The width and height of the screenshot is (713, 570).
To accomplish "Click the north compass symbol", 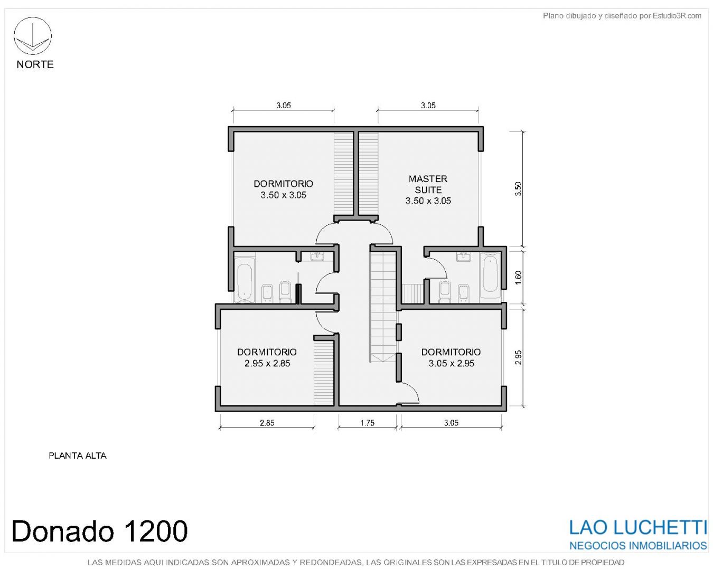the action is tap(32, 36).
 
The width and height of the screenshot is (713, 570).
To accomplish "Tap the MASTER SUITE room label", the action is tap(428, 184).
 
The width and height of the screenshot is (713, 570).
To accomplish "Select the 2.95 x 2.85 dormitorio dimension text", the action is tap(267, 363).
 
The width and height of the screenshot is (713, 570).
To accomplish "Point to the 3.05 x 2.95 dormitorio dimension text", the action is tap(451, 363).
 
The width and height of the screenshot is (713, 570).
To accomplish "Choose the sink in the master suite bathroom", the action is tap(463, 256).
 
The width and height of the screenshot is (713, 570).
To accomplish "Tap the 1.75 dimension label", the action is tap(367, 423).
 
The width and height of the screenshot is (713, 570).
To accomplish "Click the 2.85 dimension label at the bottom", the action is tap(267, 423).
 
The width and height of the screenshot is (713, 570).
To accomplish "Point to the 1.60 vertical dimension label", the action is tap(518, 278).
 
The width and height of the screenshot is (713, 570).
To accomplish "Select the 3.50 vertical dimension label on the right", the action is tap(518, 189).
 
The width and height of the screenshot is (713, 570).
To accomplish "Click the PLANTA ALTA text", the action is tap(78, 455).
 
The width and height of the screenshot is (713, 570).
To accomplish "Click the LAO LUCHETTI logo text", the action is tap(638, 528).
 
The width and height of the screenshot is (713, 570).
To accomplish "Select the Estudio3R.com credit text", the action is tap(677, 15).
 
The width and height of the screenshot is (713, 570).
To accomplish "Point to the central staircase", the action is tap(383, 306).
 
